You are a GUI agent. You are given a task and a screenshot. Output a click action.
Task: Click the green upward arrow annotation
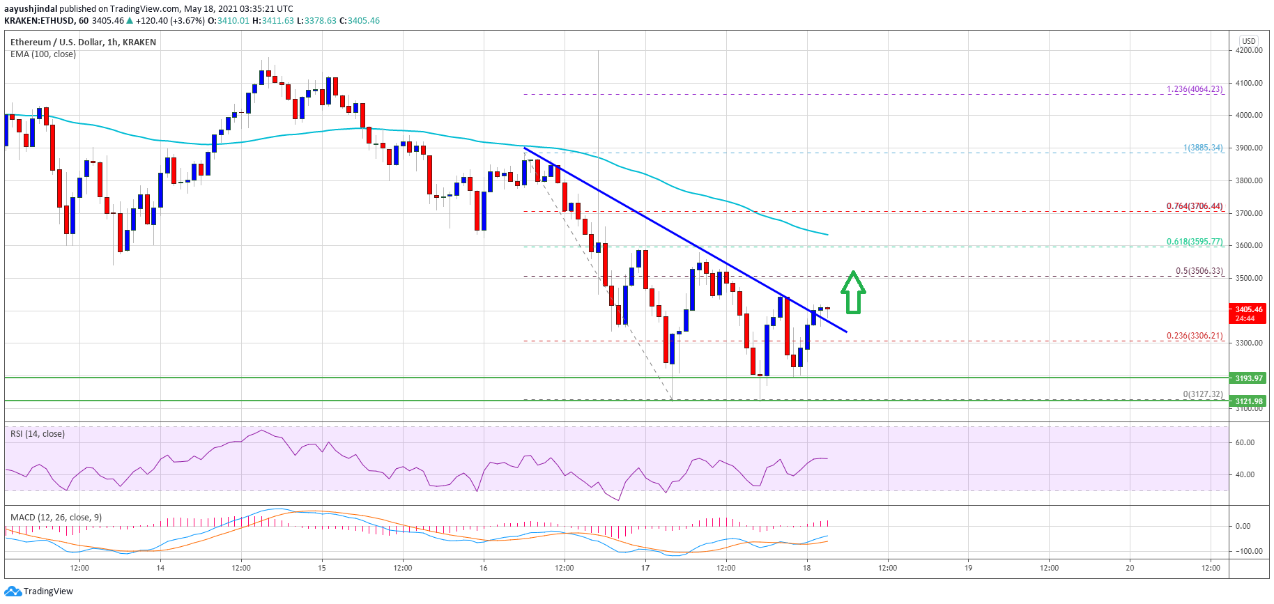coord(853,292)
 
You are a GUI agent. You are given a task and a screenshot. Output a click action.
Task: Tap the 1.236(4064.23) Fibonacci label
coord(1194,89)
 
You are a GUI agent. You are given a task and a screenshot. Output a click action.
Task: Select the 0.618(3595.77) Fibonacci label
coord(1194,242)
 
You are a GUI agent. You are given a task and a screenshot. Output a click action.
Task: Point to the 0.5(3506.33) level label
coord(1199,271)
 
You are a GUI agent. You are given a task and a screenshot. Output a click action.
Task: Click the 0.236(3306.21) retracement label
coord(1194,336)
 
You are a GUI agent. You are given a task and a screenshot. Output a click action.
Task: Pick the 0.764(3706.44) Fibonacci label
coord(1194,206)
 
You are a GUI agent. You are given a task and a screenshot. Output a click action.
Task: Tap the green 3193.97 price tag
coord(1248,378)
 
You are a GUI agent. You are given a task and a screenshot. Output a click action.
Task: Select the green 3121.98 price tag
coord(1248,401)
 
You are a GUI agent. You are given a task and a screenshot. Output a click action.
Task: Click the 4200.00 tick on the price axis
coord(1248,50)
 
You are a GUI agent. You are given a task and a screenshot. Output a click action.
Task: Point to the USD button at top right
coord(1248,40)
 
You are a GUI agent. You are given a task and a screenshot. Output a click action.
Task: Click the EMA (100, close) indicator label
coord(43,54)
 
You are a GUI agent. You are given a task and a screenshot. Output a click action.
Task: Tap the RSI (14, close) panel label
coord(38,434)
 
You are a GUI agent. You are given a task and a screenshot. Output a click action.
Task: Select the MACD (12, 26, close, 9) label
coord(56,518)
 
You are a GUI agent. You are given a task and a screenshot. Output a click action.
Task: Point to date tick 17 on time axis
coord(645,568)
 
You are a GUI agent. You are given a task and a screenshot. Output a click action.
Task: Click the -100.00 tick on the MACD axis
coord(1248,551)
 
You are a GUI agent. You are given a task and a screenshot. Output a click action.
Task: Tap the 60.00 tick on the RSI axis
coord(1245,442)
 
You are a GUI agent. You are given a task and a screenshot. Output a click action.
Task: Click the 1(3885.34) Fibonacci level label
coord(1202,148)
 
